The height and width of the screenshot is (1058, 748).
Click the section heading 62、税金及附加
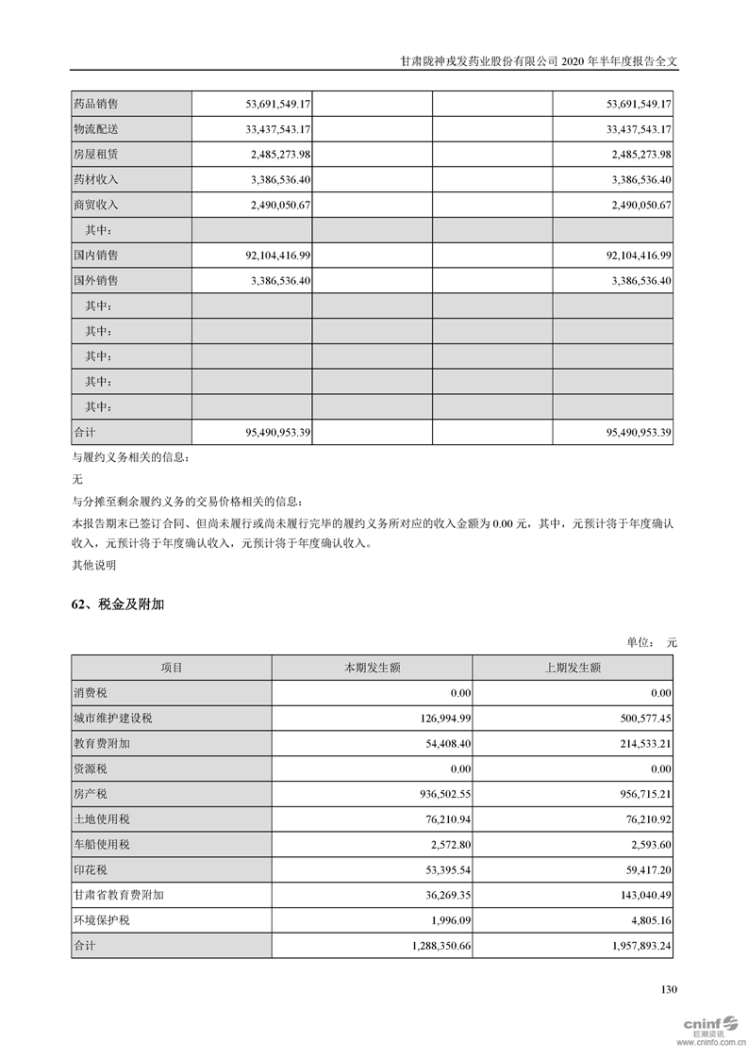(118, 604)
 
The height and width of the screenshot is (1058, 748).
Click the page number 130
(669, 989)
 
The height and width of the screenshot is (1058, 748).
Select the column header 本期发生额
(372, 668)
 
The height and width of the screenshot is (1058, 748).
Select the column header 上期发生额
(573, 668)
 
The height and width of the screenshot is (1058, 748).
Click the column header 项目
(172, 668)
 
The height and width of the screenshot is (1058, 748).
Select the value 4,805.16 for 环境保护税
(645, 919)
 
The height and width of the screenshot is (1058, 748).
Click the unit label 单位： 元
(652, 642)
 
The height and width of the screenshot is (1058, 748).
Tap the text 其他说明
(94, 566)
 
